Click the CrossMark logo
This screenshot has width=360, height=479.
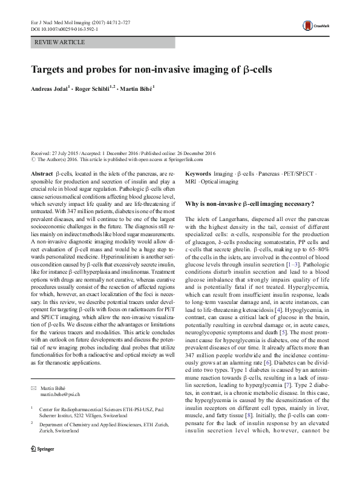[316, 24]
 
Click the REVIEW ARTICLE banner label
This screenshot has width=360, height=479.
[59, 42]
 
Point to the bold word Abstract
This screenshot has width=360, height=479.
[42, 173]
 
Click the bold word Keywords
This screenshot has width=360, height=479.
[198, 173]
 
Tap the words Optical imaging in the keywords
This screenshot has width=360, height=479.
[220, 181]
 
